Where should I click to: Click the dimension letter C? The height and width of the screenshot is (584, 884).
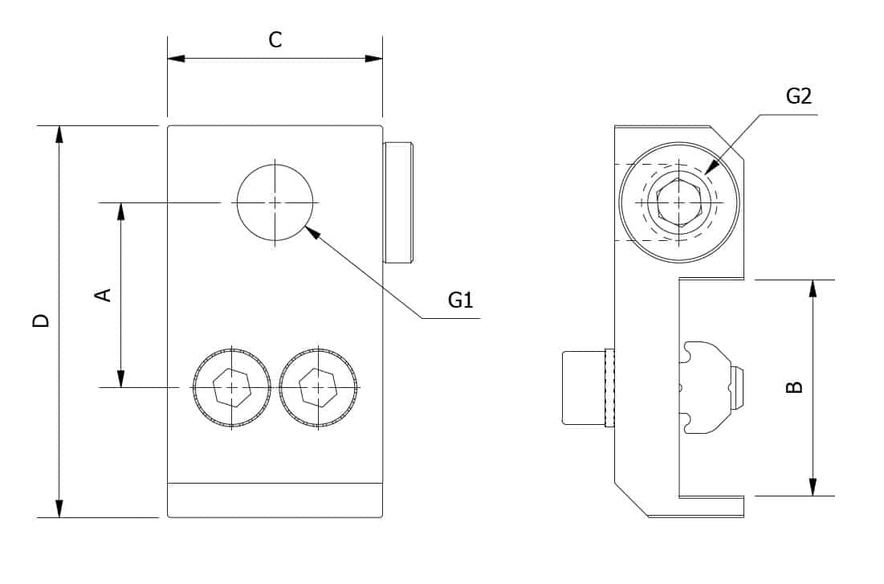[275, 40]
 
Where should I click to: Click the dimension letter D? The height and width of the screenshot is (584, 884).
[41, 321]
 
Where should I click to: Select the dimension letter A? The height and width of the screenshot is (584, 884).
[104, 295]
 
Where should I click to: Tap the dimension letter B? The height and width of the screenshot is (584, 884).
[794, 387]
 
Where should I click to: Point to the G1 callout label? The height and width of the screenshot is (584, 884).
[460, 300]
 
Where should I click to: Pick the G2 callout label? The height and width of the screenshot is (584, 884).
[798, 96]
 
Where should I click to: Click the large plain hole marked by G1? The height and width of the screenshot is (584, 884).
[275, 202]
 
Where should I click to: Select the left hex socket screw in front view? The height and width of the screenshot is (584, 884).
[232, 388]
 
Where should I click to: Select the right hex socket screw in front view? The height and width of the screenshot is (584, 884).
[319, 388]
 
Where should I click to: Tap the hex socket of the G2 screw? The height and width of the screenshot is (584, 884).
[679, 202]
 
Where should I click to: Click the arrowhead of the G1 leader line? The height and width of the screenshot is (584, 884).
[312, 231]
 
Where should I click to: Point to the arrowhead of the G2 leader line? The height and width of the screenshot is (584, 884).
[711, 166]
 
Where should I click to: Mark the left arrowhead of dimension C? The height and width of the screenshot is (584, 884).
[176, 58]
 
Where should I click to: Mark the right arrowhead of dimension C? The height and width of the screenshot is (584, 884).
[374, 58]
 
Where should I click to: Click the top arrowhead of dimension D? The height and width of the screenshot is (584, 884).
[59, 134]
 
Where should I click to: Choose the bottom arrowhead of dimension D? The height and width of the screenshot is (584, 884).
[59, 508]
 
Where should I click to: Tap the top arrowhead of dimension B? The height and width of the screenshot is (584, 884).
[813, 288]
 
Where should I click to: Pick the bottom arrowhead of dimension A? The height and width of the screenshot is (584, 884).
[120, 378]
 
